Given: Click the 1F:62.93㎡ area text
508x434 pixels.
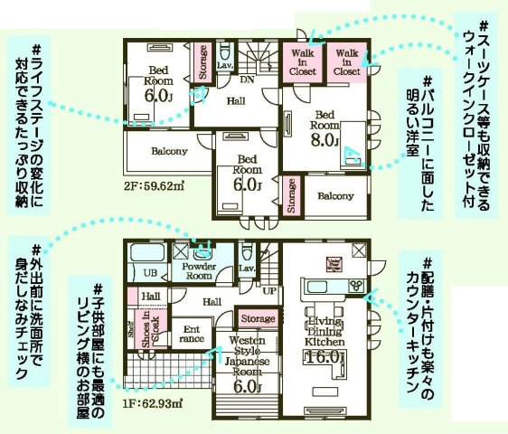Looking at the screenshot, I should tap(153, 403).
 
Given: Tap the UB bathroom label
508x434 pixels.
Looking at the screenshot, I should tap(151, 273).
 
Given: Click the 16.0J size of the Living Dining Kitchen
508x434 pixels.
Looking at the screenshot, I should tap(325, 357).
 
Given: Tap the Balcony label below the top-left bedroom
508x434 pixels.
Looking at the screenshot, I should tap(168, 150).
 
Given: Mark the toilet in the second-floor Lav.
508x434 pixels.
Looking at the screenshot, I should tap(226, 52).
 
